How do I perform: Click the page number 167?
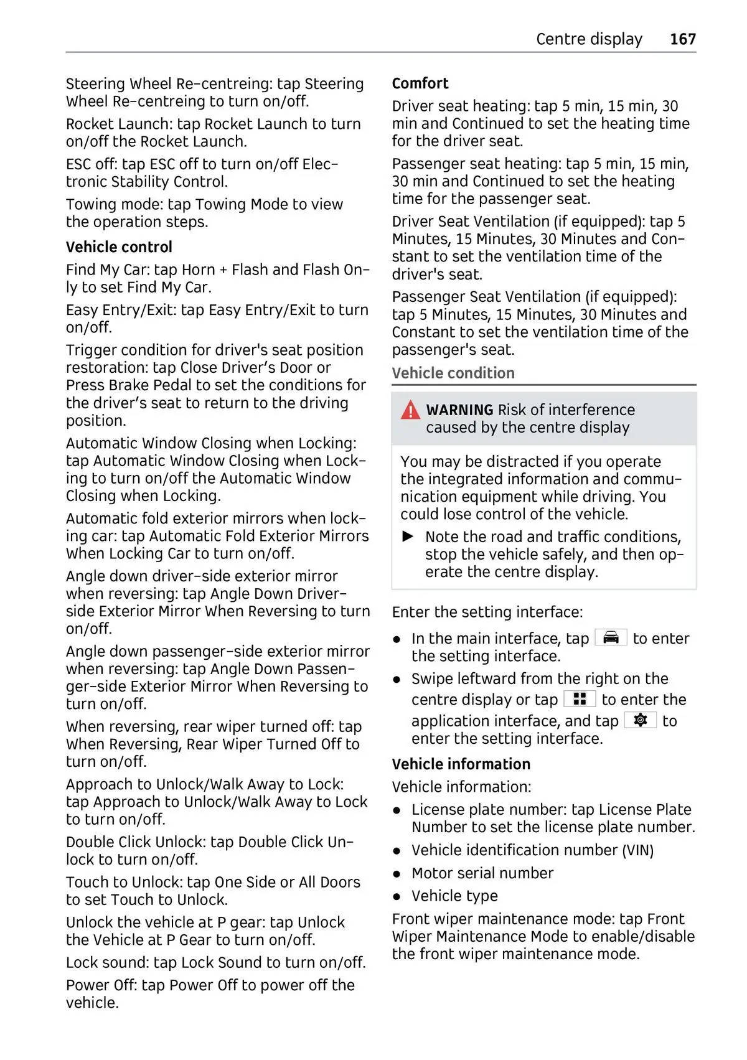pos(682,39)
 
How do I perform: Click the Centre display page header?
pos(588,39)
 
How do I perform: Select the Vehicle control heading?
pos(119,247)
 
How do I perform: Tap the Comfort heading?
pos(420,83)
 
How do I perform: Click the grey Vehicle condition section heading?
pos(453,373)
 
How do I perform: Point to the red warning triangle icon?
pos(410,411)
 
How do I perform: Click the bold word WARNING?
pos(459,410)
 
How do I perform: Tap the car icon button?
pos(611,638)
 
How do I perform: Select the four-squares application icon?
pos(580,700)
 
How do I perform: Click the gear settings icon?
pos(640,721)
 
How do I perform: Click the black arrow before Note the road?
pos(408,537)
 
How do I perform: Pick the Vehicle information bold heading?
pos(461,764)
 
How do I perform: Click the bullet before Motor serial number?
pos(397,874)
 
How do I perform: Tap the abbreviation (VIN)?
pos(638,850)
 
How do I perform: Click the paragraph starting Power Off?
pos(210,994)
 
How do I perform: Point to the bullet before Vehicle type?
pos(397,896)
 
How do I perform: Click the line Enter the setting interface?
pos(487,612)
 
